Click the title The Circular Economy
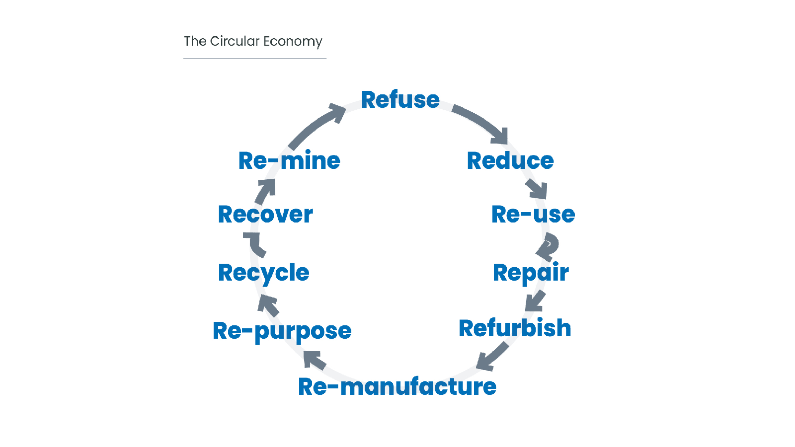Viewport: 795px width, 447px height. (253, 42)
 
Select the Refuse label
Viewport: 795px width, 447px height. (400, 100)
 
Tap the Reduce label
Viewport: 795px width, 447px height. (510, 161)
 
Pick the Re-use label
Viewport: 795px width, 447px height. (533, 215)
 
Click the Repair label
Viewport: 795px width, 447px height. (531, 273)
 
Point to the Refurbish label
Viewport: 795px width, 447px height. (515, 328)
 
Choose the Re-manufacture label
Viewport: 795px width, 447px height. (397, 386)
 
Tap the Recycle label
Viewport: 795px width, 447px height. (264, 274)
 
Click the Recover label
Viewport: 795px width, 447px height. (265, 215)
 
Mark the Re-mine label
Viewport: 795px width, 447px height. (289, 160)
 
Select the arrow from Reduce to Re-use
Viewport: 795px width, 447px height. (537, 188)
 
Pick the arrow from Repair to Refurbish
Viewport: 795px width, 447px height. (535, 301)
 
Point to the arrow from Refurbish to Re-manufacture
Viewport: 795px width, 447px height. (492, 357)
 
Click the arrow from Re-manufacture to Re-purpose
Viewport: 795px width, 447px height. (314, 361)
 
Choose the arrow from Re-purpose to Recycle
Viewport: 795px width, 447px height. (268, 305)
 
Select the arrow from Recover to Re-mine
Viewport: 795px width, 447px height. (265, 191)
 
